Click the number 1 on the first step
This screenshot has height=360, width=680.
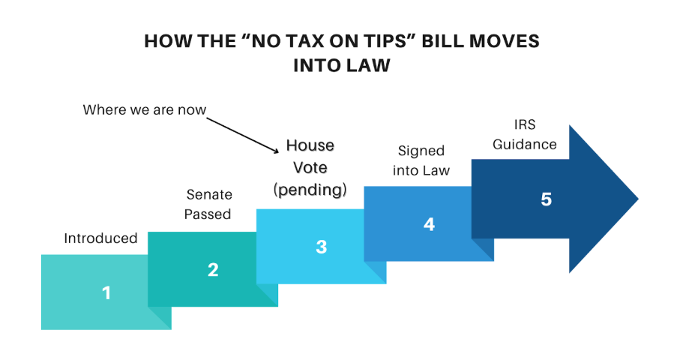click(106, 292)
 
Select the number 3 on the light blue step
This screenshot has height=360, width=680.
click(321, 247)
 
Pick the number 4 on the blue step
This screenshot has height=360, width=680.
click(429, 223)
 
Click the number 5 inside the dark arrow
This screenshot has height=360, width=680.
click(546, 199)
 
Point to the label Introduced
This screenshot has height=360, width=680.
click(100, 238)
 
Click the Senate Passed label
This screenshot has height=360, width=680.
click(208, 205)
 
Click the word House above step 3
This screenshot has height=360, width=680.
click(310, 145)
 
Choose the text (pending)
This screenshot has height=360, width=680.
click(310, 190)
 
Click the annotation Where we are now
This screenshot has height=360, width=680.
click(144, 110)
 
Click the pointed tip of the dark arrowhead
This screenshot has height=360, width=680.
click(637, 199)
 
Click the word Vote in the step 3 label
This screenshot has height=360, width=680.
click(310, 167)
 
